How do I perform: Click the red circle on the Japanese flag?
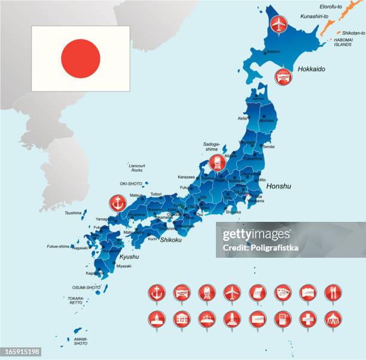tap(80, 59)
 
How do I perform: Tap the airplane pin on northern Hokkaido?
tap(279, 24)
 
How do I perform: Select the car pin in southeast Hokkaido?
tap(283, 76)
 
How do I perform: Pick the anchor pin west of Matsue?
tap(118, 203)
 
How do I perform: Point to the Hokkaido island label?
tap(311, 69)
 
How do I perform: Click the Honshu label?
tap(278, 186)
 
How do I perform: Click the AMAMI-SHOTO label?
tap(80, 341)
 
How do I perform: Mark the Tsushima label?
tap(73, 212)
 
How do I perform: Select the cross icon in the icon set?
tap(308, 319)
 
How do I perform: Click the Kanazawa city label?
tap(186, 177)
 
